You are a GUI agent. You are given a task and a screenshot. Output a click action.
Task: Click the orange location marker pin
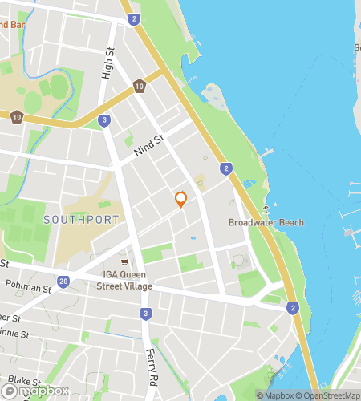click(x=180, y=199)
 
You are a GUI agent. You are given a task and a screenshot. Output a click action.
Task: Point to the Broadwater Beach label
click(x=266, y=222)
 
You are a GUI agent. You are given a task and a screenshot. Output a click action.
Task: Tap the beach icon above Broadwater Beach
click(x=266, y=210)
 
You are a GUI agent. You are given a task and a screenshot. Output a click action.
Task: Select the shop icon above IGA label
click(x=124, y=262)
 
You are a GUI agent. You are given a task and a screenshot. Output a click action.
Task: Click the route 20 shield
click(x=63, y=281)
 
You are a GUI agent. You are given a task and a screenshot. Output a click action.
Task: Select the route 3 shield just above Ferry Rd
click(x=144, y=313)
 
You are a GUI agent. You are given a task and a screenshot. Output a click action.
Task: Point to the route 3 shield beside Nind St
click(x=104, y=120)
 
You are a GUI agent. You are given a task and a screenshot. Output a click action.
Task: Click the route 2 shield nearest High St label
click(x=134, y=18)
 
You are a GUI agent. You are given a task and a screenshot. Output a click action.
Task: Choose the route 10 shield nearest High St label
click(x=140, y=86)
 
